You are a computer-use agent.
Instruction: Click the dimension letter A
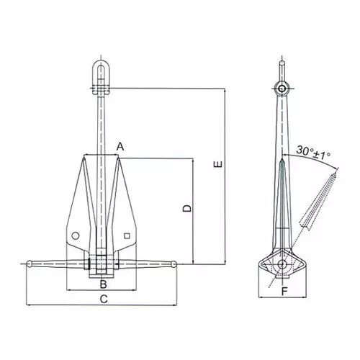(x=120, y=146)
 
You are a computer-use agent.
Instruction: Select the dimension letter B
(x=103, y=284)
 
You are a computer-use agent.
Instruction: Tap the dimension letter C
(x=104, y=299)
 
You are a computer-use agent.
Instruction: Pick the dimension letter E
(x=218, y=164)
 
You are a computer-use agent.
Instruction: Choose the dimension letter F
(x=284, y=292)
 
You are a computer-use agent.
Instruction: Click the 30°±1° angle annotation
(x=313, y=152)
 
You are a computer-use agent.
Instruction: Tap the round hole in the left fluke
(x=76, y=235)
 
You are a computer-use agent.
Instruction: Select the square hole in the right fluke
(x=127, y=236)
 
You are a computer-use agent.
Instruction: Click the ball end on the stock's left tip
(x=29, y=264)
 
